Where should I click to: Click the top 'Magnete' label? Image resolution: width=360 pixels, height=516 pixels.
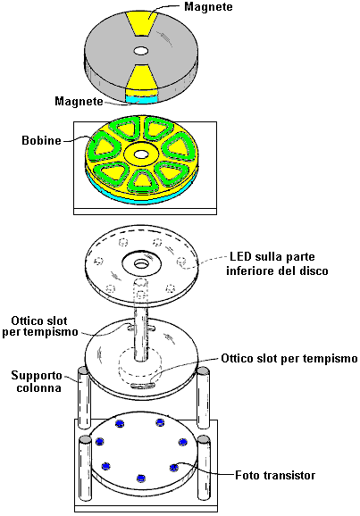[x=208, y=6]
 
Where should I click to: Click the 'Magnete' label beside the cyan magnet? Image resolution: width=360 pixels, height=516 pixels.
[x=79, y=101]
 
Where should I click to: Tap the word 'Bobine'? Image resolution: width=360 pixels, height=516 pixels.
[x=41, y=140]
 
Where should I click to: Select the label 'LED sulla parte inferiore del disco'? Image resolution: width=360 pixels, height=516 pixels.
[x=277, y=263]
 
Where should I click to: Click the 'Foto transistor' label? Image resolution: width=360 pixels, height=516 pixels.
[x=275, y=475]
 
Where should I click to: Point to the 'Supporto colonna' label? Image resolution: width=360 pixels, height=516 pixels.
[x=37, y=381]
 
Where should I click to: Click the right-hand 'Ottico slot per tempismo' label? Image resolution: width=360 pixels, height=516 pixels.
[x=289, y=358]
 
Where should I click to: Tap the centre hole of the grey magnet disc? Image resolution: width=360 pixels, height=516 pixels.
[x=141, y=51]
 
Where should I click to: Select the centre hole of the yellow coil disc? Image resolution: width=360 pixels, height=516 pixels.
[x=141, y=154]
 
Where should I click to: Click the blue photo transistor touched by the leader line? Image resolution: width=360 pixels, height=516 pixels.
[x=174, y=467]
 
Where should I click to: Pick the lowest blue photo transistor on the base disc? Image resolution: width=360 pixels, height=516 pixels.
[x=141, y=479]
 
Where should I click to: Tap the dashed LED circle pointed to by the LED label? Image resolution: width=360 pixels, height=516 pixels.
[x=180, y=262]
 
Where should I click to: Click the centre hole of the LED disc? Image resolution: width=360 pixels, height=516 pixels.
[x=141, y=263]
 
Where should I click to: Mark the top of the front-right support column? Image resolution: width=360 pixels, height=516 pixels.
[x=204, y=439]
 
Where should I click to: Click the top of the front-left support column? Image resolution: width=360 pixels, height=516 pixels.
[x=85, y=439]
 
